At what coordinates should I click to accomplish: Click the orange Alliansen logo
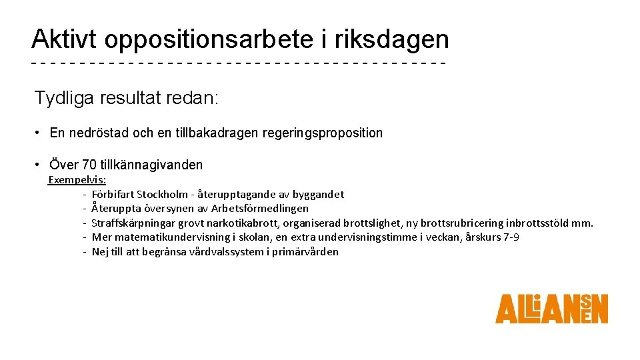click(x=551, y=309)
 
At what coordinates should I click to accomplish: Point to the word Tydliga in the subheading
click(x=65, y=99)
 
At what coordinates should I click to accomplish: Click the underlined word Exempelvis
click(x=77, y=180)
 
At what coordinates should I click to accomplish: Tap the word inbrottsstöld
click(x=541, y=223)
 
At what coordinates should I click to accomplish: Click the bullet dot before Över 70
click(x=39, y=165)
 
